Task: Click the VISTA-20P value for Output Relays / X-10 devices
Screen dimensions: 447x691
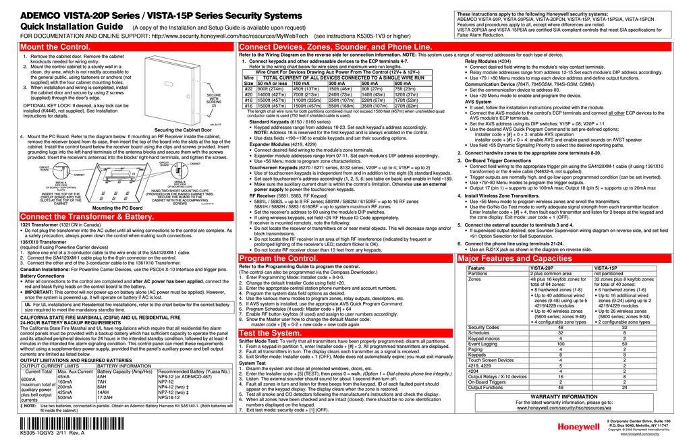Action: click(559, 376)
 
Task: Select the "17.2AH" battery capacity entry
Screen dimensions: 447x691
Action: click(108, 398)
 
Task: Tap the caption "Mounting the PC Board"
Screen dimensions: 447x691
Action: click(117, 208)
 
